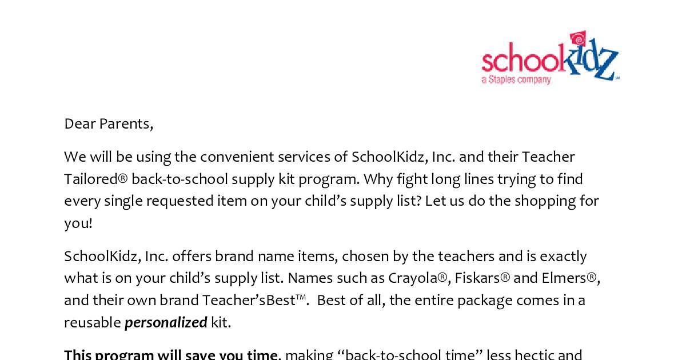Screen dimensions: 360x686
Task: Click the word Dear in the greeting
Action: [79, 123]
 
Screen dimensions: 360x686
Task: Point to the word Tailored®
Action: [95, 179]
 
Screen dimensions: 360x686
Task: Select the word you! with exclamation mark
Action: [78, 223]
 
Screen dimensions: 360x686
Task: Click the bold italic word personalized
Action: [166, 323]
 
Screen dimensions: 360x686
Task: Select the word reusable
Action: [92, 323]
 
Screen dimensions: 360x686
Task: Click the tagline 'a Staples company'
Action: [516, 80]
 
